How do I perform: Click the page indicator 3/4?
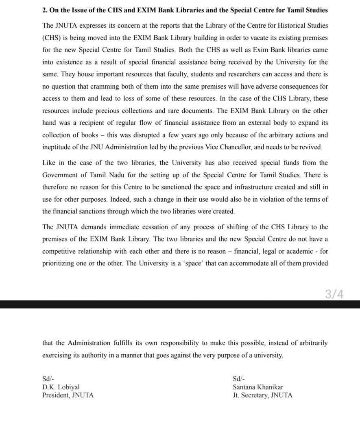(334, 294)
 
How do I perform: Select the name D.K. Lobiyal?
(61, 387)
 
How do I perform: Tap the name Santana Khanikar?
(258, 387)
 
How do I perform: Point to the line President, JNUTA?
(68, 395)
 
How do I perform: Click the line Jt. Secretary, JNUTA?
(262, 395)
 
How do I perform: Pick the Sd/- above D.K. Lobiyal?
(48, 379)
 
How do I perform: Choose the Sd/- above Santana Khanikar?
(239, 379)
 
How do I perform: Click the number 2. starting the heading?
(45, 10)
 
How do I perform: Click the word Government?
(61, 175)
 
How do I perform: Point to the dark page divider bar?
(180, 304)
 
